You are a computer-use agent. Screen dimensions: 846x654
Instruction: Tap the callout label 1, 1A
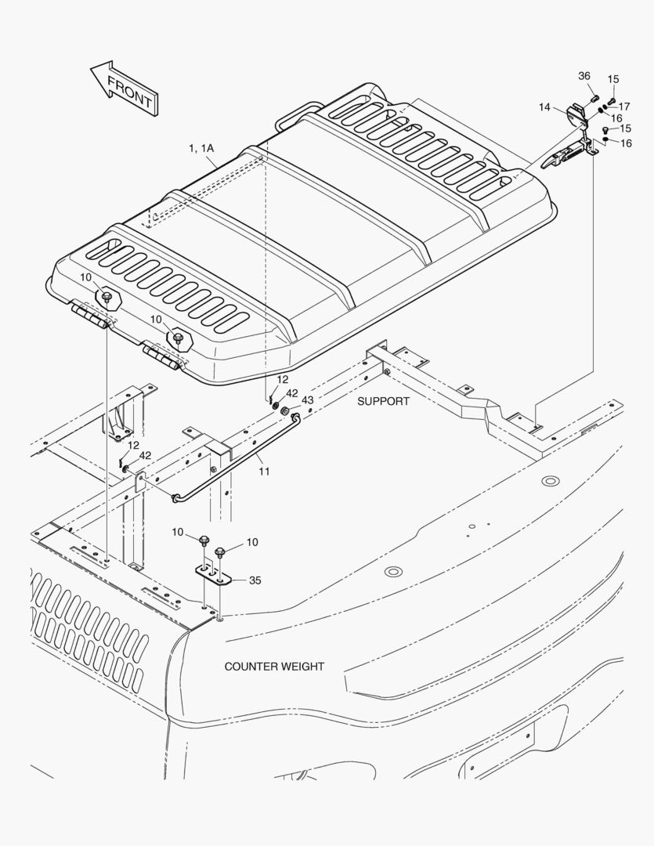coord(201,148)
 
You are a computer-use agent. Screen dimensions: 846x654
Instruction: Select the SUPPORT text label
coord(383,401)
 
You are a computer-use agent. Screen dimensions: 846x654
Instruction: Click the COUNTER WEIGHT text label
coord(274,667)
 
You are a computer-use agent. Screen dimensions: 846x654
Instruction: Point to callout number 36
coord(584,76)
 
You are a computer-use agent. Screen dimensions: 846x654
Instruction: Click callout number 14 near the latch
coord(544,107)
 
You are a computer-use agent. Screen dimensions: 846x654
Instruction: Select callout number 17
coord(624,106)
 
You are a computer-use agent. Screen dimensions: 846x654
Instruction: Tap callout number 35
coord(255,580)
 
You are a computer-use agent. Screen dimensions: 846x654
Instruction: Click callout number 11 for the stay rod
coord(264,472)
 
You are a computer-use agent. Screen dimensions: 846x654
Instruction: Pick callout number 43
coord(307,400)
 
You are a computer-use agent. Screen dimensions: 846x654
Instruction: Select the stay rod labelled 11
coord(235,458)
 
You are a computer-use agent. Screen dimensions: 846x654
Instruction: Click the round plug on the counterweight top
coord(551,480)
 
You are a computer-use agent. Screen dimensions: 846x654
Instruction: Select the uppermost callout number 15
coord(613,79)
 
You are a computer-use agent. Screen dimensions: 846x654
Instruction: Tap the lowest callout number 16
coord(626,143)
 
